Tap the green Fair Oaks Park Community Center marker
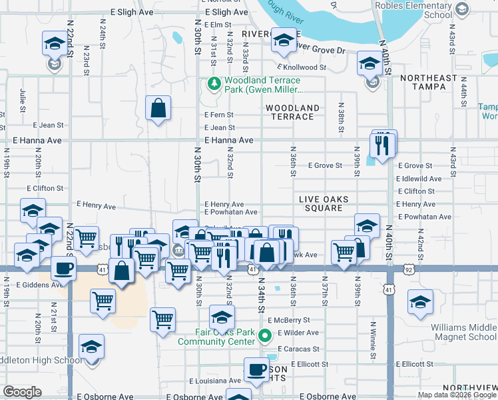265,336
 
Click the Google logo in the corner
23,392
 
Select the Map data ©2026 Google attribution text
457,395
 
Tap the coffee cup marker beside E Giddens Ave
63,269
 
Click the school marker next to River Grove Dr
284,41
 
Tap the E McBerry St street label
289,320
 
